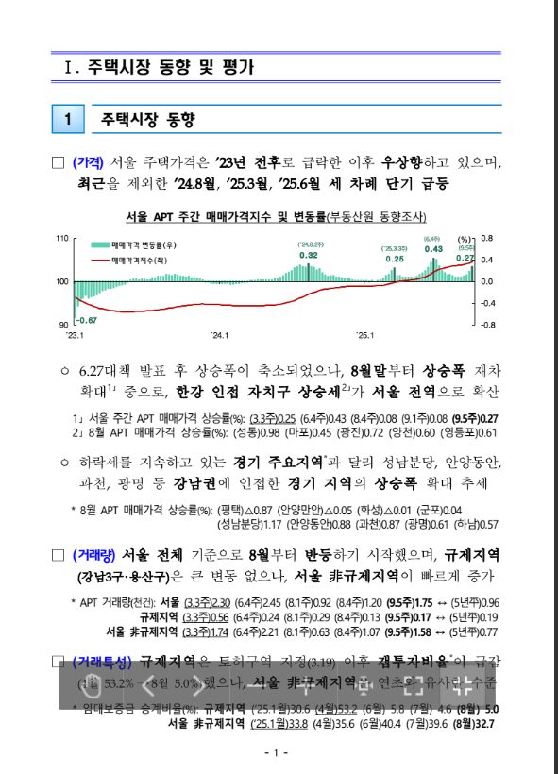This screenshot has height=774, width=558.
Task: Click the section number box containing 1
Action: pos(68,119)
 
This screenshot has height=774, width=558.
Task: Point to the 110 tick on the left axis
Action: pos(62,238)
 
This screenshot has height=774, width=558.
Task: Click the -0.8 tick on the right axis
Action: pos(488,325)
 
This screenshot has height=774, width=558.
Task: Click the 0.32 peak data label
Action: pos(309,256)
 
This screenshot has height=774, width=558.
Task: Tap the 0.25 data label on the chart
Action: pos(394,259)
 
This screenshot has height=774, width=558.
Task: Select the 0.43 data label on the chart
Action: pos(433,249)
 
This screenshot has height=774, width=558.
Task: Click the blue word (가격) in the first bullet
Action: pos(90,161)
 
